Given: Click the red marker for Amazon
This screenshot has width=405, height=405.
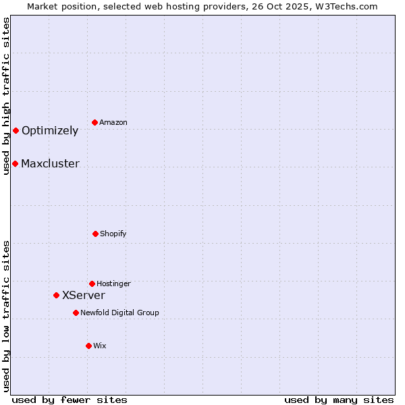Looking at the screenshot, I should point(95,122).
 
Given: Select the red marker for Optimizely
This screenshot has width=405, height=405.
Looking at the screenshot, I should point(16,130).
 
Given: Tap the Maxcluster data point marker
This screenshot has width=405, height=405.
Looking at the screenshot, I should point(15,163).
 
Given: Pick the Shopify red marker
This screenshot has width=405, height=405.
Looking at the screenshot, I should point(95,234).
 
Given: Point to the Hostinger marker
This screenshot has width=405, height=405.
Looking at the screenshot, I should point(92,283).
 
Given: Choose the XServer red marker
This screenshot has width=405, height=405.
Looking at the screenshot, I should point(57,295).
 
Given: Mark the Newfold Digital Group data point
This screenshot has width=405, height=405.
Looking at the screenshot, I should point(76,313).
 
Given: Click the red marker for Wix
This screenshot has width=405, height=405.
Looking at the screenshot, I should point(88,346).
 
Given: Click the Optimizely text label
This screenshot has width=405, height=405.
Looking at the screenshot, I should point(50,131).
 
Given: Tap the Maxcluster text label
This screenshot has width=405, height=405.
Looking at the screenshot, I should point(50,164).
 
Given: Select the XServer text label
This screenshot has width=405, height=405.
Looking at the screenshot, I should point(84,296).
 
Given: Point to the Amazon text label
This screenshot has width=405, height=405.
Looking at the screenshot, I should point(113,123).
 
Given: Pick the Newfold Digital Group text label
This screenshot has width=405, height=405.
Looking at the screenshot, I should point(119,313).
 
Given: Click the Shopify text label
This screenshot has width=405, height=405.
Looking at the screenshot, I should point(113,234).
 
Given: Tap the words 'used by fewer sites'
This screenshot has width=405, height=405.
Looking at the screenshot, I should point(70,400).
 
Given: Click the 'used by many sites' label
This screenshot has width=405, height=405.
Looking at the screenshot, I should point(339,400).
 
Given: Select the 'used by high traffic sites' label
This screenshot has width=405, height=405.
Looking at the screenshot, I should point(7,96).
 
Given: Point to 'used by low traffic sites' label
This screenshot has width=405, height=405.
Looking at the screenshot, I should point(7,316).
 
